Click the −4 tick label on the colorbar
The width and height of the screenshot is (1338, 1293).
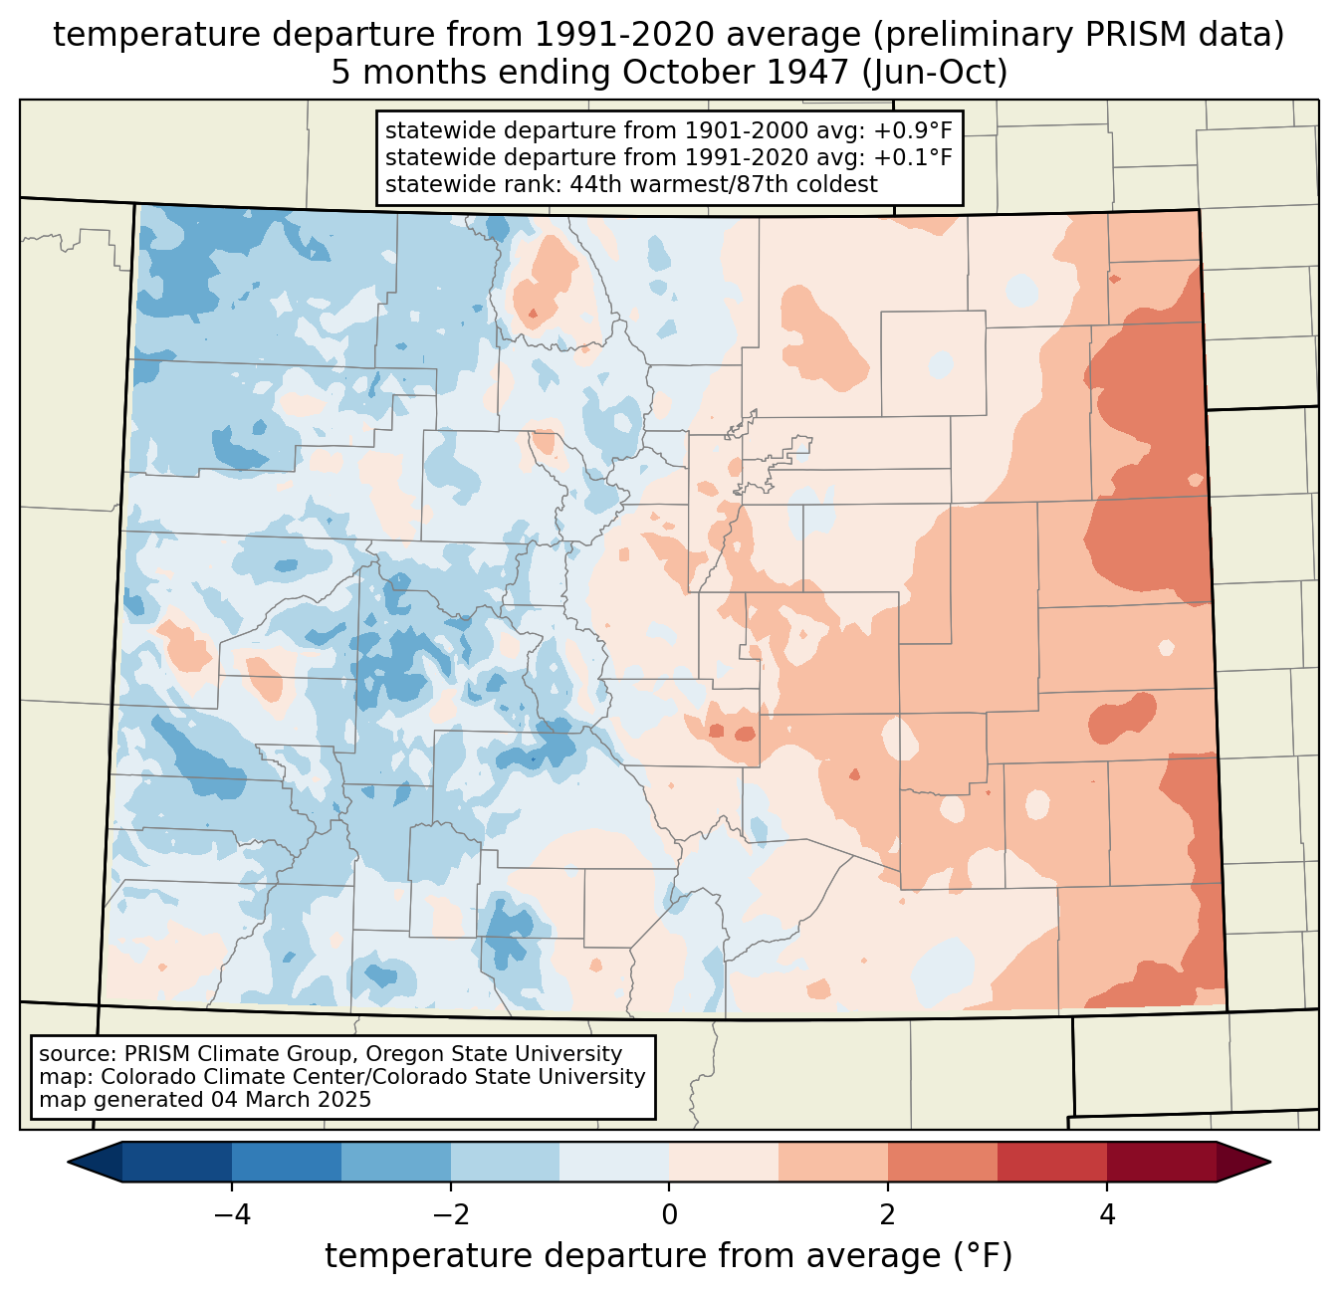[232, 1215]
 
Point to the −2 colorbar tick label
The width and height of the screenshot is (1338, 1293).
[451, 1215]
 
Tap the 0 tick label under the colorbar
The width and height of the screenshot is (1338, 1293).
[669, 1215]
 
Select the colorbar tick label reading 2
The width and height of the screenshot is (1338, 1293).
[888, 1215]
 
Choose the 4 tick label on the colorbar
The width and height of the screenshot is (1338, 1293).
[1106, 1215]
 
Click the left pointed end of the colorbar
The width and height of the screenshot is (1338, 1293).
[68, 1163]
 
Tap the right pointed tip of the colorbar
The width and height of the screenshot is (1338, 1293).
[1270, 1163]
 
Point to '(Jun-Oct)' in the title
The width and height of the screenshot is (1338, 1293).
[935, 73]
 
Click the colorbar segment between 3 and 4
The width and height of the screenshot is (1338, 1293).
[1052, 1163]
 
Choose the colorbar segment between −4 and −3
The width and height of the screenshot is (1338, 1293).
[287, 1163]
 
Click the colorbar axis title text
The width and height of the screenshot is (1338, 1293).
[668, 1256]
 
